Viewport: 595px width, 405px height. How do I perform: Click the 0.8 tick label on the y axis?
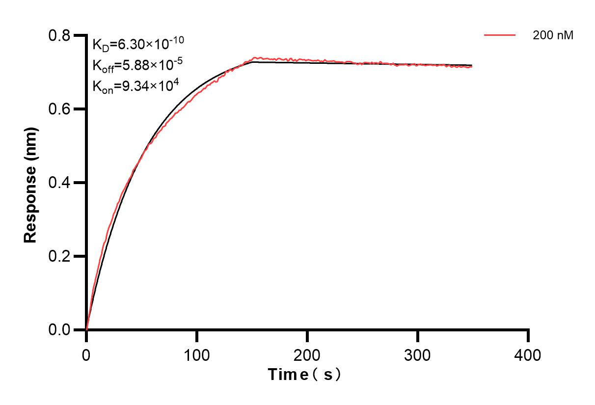[59, 36]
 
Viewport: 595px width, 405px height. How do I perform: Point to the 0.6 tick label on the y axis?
[59, 109]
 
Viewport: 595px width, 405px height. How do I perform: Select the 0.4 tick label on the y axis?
[59, 183]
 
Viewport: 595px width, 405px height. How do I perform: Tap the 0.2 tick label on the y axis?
[59, 256]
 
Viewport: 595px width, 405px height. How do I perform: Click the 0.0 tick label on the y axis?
[59, 329]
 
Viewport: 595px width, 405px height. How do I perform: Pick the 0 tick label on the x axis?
[86, 354]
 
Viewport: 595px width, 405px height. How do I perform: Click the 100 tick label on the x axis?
[196, 354]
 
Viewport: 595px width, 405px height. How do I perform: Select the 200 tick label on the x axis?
[307, 354]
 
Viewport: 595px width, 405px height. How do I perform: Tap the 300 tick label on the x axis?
[417, 354]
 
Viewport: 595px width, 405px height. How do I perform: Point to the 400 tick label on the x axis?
[528, 354]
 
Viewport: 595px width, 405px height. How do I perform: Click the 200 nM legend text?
[553, 35]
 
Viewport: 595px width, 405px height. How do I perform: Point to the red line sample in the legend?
[500, 35]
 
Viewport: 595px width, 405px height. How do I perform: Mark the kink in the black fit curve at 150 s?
[252, 62]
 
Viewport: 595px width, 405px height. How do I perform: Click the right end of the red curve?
[472, 67]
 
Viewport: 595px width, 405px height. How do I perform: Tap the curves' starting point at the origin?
[86, 329]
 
